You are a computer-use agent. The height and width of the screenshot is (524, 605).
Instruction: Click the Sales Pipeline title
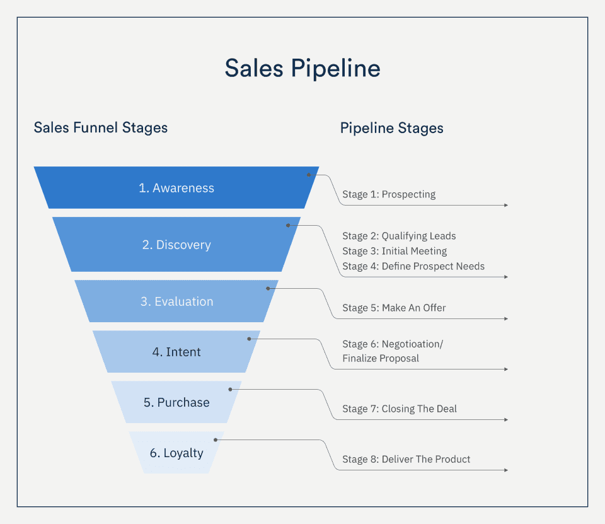[302, 68]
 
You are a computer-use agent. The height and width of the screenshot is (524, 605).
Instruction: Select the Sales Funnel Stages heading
[101, 128]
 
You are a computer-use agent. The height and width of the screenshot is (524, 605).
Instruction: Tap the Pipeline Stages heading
[391, 128]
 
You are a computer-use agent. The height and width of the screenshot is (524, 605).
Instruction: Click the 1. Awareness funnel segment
[176, 188]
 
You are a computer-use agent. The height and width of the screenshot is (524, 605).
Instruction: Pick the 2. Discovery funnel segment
[176, 245]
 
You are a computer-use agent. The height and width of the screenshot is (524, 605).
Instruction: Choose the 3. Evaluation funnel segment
[176, 301]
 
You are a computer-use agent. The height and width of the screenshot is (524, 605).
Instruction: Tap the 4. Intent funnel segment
[176, 352]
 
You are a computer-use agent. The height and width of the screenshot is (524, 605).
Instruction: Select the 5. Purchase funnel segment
[176, 402]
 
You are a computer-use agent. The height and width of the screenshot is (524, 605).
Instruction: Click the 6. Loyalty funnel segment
[176, 453]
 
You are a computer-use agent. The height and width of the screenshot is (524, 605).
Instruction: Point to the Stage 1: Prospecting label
[389, 194]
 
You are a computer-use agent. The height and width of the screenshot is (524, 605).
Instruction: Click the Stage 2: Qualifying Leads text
[399, 236]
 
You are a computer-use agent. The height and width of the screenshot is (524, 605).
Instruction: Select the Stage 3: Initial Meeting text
[395, 251]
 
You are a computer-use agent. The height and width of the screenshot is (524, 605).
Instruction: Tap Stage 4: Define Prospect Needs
[413, 266]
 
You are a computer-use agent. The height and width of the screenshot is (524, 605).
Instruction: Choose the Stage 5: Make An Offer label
[394, 308]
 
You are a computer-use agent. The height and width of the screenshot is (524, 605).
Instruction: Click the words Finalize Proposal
[381, 358]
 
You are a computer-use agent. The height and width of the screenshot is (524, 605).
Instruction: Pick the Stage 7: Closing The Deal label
[400, 409]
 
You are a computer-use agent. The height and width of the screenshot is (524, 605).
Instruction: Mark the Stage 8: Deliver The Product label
[406, 459]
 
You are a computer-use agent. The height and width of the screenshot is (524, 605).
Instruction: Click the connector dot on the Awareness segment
[309, 175]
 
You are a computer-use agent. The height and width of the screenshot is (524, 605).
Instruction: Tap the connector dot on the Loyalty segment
[216, 440]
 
